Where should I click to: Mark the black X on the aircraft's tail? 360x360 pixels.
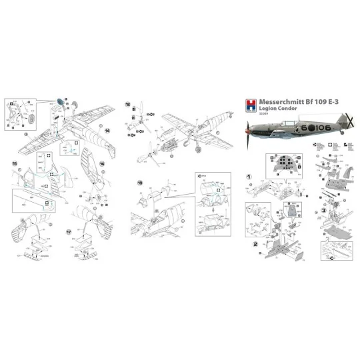[346, 124]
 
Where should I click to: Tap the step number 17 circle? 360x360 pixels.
[69, 231]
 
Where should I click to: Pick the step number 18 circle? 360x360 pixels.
[128, 104]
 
